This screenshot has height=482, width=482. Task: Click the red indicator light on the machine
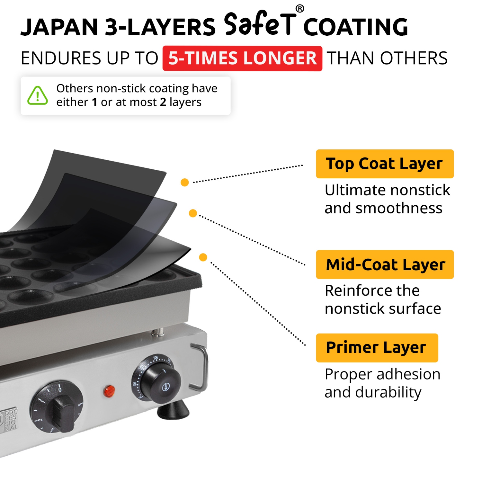[109, 391]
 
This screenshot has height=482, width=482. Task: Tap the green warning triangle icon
[38, 96]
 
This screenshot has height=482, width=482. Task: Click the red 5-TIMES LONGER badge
[242, 58]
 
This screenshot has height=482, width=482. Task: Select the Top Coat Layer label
[385, 164]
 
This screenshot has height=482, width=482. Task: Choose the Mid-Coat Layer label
[385, 264]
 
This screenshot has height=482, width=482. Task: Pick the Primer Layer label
[377, 348]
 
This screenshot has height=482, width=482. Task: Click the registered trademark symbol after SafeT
[299, 9]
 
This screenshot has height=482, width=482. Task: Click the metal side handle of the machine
[201, 366]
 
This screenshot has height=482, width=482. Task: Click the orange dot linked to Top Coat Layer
[185, 183]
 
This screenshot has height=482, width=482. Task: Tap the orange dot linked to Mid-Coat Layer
[193, 213]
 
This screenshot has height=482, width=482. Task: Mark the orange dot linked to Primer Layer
[203, 257]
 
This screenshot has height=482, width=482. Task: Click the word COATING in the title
[355, 27]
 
